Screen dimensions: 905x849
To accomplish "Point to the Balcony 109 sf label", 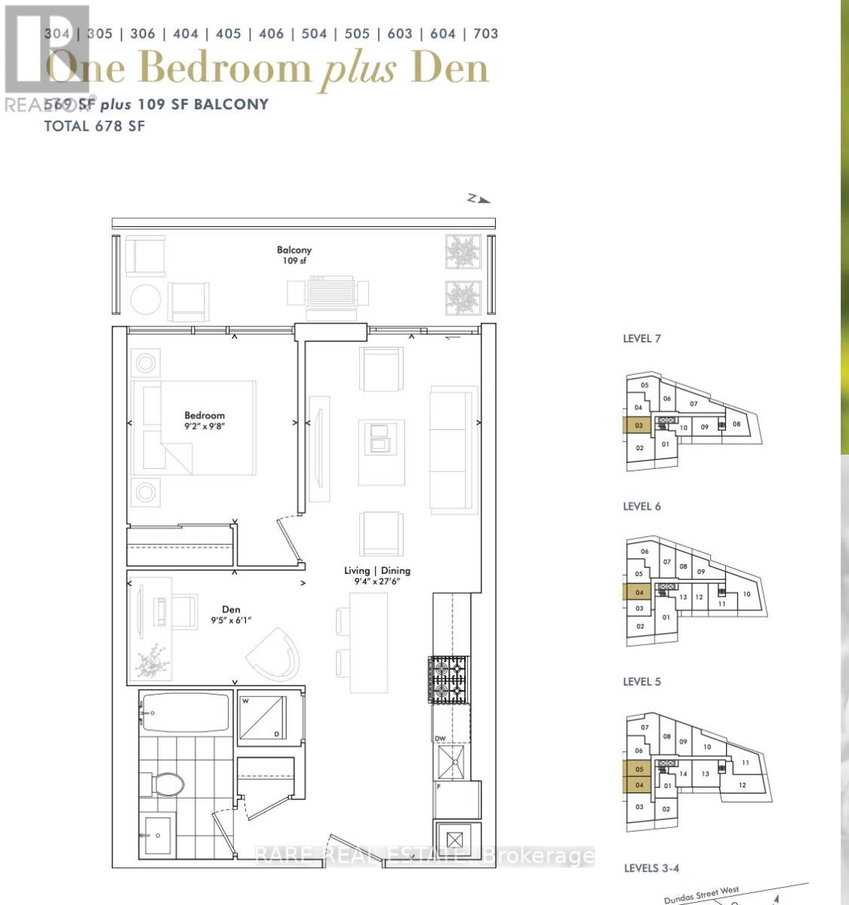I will pyautogui.click(x=294, y=255).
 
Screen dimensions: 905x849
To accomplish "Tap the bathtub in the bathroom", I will pyautogui.click(x=185, y=713).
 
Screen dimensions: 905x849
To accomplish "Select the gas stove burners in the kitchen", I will pyautogui.click(x=449, y=679).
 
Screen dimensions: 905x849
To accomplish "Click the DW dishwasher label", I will pyautogui.click(x=440, y=738).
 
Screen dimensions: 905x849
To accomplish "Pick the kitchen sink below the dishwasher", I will pyautogui.click(x=451, y=761).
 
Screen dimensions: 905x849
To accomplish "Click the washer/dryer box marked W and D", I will pyautogui.click(x=262, y=718).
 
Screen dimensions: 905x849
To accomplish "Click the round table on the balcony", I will pyautogui.click(x=146, y=299).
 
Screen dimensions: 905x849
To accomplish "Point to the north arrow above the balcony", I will pyautogui.click(x=478, y=199).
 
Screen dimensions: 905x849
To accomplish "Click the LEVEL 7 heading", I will pyautogui.click(x=641, y=339).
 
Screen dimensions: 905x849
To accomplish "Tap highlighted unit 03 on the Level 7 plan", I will pyautogui.click(x=638, y=426).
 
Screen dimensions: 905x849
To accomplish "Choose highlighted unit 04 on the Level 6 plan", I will pyautogui.click(x=638, y=593).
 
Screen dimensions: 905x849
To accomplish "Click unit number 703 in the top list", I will pyautogui.click(x=485, y=34).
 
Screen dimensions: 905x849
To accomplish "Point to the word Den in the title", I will pyautogui.click(x=451, y=69).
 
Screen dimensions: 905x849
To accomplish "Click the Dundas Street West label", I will pyautogui.click(x=702, y=896).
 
